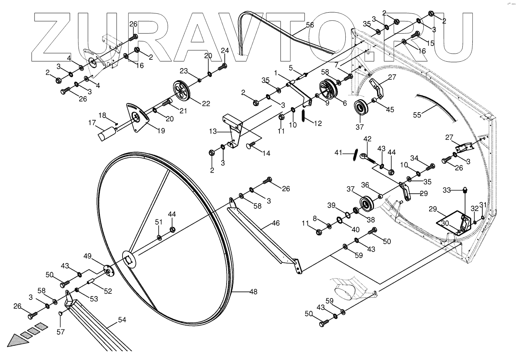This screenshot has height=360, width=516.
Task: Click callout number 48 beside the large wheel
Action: (253, 292)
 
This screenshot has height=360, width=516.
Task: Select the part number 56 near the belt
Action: (310, 25)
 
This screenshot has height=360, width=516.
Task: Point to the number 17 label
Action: (92, 123)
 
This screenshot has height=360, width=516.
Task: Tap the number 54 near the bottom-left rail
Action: (122, 319)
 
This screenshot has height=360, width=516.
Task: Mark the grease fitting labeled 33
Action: (465, 190)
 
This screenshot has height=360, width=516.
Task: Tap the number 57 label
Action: (60, 332)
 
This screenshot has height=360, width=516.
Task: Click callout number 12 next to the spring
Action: (317, 123)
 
